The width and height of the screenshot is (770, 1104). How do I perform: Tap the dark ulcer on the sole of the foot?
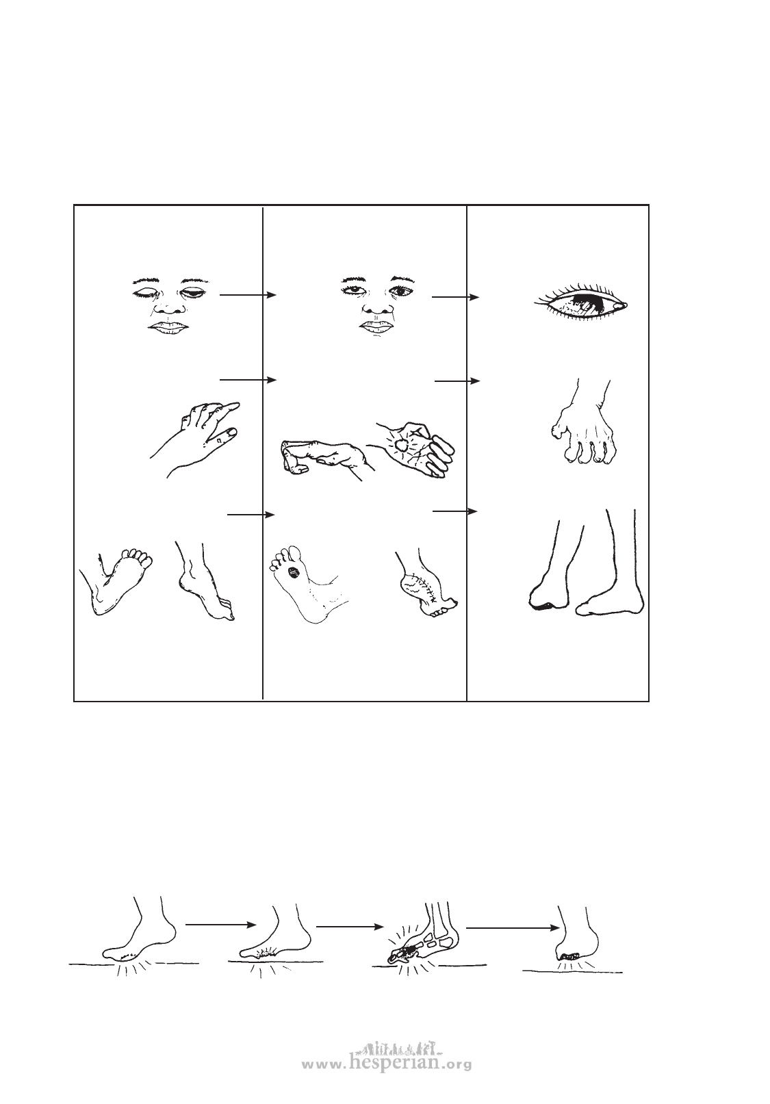coord(294,572)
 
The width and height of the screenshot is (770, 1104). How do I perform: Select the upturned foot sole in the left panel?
coord(118,582)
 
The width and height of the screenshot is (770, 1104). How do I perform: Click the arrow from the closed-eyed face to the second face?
coord(248,295)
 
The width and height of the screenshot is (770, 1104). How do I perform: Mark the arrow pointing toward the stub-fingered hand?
coord(457,381)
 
